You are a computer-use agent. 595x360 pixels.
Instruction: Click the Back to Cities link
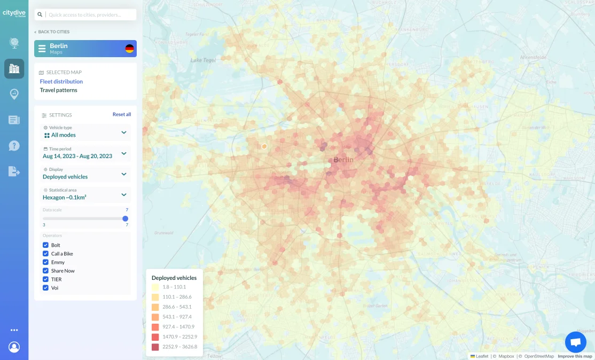click(52, 32)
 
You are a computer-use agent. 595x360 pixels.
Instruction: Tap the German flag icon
click(129, 49)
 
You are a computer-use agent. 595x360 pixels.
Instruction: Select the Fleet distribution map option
click(61, 82)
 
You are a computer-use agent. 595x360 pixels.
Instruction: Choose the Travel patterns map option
click(59, 90)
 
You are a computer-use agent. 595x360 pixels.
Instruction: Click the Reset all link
click(121, 115)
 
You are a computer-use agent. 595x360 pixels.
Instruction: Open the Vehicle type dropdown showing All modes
click(85, 132)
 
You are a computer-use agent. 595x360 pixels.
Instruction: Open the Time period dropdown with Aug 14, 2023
click(85, 153)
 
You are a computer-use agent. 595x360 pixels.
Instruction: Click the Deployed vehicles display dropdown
click(85, 174)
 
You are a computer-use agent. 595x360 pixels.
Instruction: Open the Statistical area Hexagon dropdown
click(85, 194)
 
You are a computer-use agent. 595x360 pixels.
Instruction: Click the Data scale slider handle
click(126, 218)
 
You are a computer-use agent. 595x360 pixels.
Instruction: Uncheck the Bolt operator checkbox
click(45, 245)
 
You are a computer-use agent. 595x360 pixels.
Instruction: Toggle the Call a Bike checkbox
click(45, 254)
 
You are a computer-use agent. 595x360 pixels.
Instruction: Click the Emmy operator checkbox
click(45, 262)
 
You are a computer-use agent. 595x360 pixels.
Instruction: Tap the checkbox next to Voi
click(45, 288)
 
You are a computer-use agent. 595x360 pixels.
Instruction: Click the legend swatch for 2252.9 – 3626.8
click(155, 347)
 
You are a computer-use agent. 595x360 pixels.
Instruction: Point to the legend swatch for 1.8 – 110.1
click(155, 287)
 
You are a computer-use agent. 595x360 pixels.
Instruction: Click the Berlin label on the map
click(343, 160)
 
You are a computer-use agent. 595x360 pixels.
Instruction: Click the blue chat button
click(575, 342)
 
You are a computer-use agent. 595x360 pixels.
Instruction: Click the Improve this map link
click(575, 356)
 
